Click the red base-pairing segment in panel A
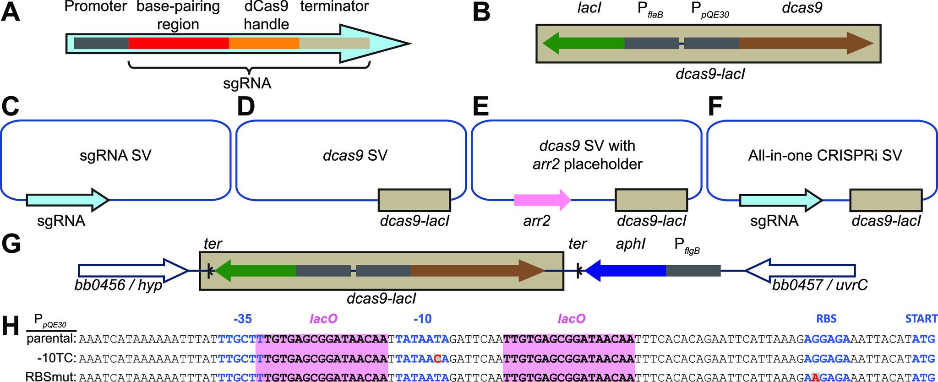tap(179, 43)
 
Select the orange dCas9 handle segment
tap(264, 43)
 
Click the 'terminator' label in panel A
tap(334, 7)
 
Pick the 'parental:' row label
tap(51, 339)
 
